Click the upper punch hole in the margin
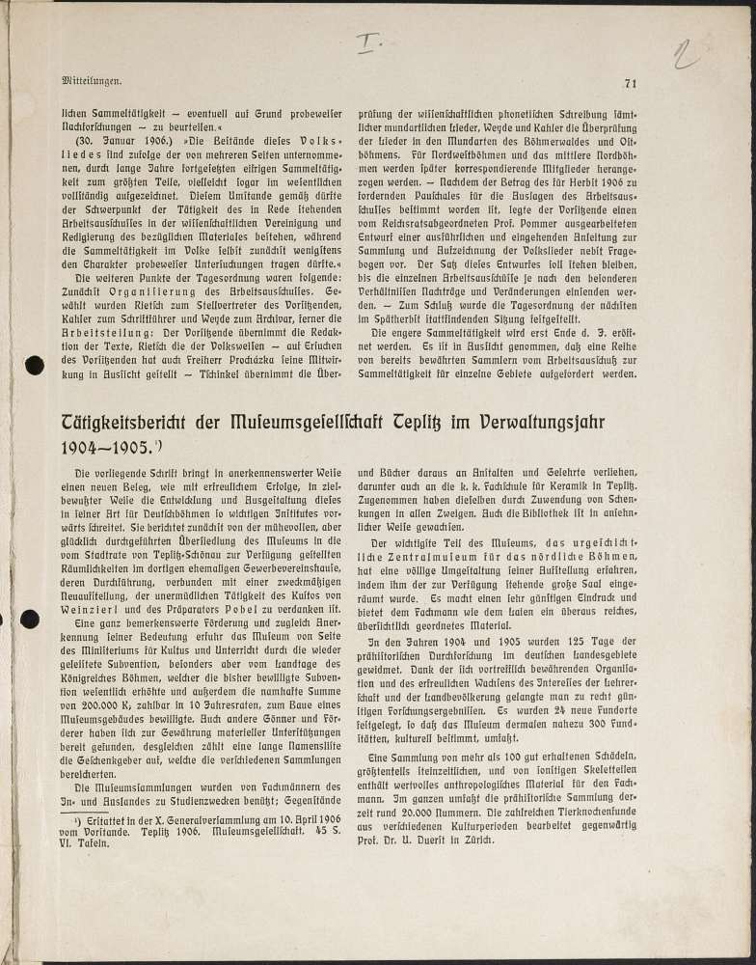click(x=35, y=365)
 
